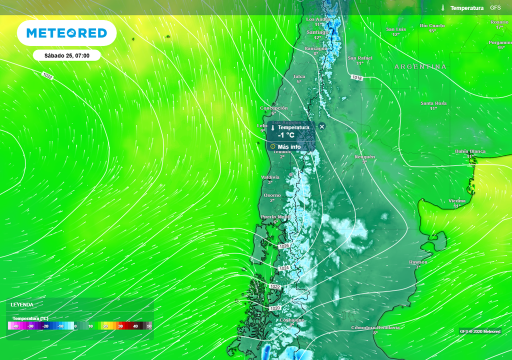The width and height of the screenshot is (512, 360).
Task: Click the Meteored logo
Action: [66, 33]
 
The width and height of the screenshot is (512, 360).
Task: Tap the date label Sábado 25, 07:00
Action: [67, 55]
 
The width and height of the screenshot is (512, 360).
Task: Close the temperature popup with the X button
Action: [322, 126]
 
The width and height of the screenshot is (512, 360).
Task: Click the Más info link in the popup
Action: [289, 147]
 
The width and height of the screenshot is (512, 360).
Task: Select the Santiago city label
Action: [317, 32]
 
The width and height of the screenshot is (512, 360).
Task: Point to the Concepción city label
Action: [274, 108]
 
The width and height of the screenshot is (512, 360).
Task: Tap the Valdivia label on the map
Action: [270, 177]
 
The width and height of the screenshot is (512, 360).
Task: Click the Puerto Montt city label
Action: [275, 217]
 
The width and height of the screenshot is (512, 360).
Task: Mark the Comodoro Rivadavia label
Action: [375, 327]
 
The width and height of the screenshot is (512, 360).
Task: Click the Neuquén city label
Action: [364, 157]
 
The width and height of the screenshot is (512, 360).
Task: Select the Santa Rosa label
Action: [433, 103]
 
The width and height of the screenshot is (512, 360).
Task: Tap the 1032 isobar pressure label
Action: [47, 76]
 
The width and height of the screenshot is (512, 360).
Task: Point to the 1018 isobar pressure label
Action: [356, 77]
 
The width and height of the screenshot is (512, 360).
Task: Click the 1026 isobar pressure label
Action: [284, 246]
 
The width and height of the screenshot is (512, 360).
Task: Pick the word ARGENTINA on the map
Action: [420, 66]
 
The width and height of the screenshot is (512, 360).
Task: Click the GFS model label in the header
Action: [495, 8]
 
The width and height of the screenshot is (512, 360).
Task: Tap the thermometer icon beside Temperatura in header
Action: [443, 8]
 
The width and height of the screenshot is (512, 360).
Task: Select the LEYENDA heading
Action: [22, 304]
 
